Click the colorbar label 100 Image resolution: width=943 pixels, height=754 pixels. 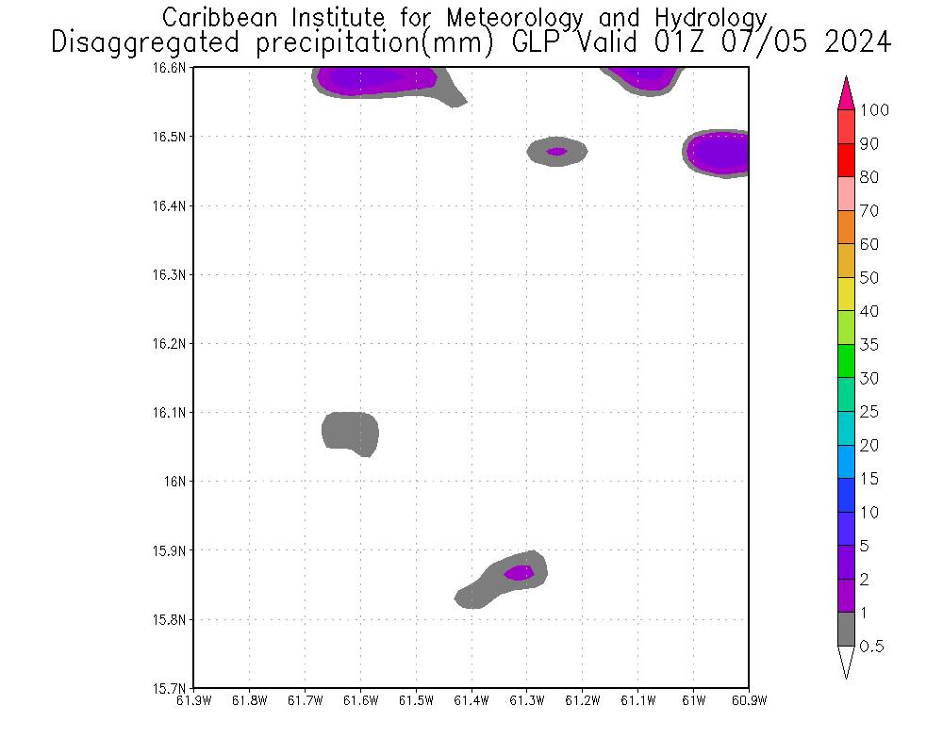[x=875, y=110]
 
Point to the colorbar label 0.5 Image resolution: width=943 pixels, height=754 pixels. [x=871, y=647]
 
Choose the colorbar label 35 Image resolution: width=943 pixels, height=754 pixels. [x=869, y=345]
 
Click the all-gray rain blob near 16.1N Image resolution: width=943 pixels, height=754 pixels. [x=351, y=432]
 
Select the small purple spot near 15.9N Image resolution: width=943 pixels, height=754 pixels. [x=520, y=572]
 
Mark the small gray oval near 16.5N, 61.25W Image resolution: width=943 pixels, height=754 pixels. [x=557, y=151]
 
